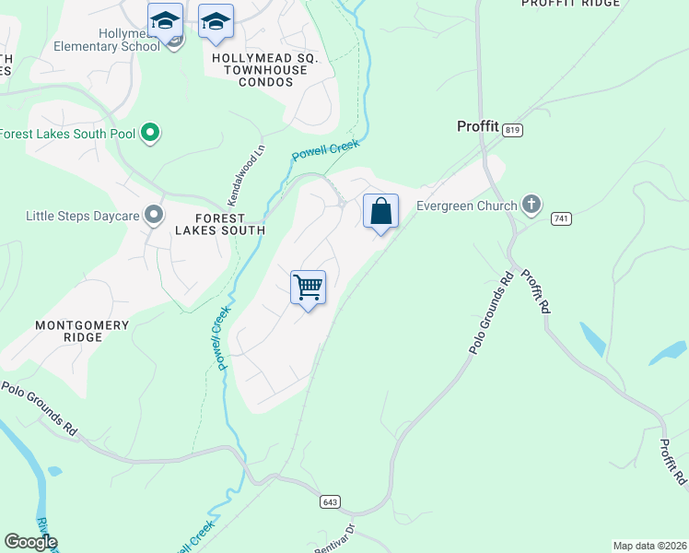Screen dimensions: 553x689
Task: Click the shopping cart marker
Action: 309,288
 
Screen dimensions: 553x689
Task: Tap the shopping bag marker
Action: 380,213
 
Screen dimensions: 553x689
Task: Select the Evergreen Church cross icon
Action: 531,205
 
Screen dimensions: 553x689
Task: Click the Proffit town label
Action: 478,126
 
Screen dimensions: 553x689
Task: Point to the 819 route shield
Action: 513,131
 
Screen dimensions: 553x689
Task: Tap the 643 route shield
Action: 330,502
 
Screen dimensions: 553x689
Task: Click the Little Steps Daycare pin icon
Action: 154,216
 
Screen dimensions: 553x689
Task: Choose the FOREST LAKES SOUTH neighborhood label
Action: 220,230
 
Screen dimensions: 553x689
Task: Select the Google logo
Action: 30,542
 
